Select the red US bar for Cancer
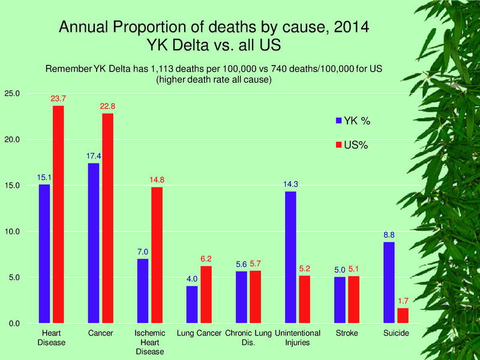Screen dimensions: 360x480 click(107, 218)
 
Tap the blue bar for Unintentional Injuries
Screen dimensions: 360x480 click(290, 257)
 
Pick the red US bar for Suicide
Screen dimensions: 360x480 click(403, 316)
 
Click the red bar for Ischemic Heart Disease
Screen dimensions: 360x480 click(157, 255)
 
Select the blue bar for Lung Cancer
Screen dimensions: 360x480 click(192, 304)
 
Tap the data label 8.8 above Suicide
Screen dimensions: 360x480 click(389, 235)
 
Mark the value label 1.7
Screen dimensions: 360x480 click(403, 301)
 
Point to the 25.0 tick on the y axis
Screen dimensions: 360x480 click(13, 94)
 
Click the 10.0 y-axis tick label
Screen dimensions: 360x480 click(13, 232)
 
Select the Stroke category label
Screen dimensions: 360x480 click(347, 333)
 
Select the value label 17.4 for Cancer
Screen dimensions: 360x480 click(94, 157)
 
